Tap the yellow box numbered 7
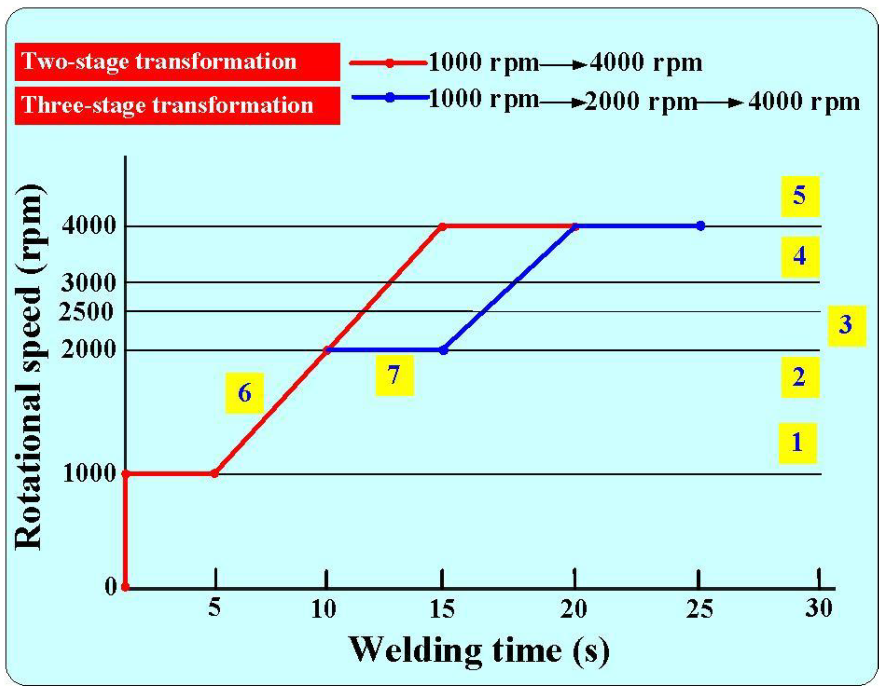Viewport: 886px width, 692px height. click(394, 375)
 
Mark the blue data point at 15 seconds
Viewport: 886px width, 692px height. click(444, 350)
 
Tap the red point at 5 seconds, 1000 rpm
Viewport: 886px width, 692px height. click(215, 473)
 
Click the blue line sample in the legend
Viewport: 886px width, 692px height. click(390, 98)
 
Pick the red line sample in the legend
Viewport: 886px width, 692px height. click(389, 63)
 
